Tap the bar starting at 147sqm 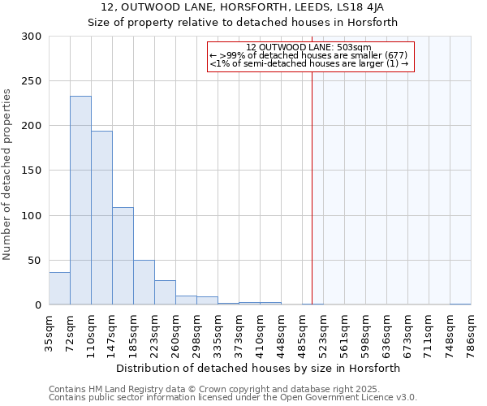pyautogui.click(x=123, y=256)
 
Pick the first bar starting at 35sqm pyautogui.click(x=59, y=288)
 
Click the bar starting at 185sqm pyautogui.click(x=144, y=283)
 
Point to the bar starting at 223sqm pyautogui.click(x=165, y=292)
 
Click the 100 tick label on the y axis pyautogui.click(x=32, y=216)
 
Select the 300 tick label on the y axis pyautogui.click(x=32, y=37)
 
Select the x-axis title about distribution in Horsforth pyautogui.click(x=259, y=368)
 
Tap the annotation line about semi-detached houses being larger pyautogui.click(x=308, y=63)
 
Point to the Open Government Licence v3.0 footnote pyautogui.click(x=233, y=397)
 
